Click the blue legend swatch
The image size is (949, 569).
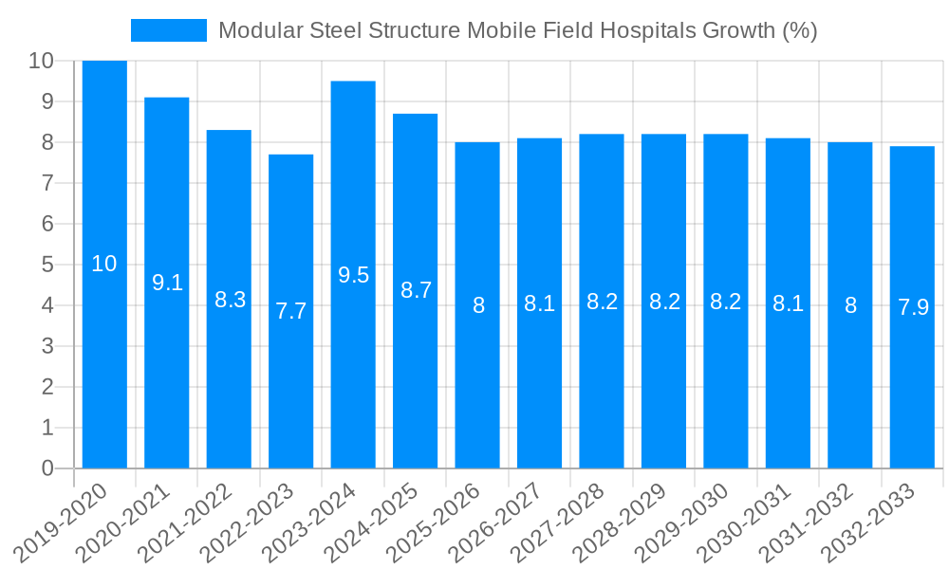(x=168, y=30)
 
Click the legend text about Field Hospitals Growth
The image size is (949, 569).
(x=517, y=30)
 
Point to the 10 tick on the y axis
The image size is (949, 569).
(x=41, y=61)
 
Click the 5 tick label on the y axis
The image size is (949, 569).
(x=47, y=265)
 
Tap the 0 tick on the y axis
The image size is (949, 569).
(x=47, y=468)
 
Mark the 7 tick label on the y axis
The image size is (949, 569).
(x=47, y=183)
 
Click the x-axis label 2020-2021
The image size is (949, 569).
(x=124, y=523)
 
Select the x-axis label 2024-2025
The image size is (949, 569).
(x=373, y=523)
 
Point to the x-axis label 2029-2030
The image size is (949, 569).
(x=683, y=523)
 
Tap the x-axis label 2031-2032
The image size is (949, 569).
(x=808, y=523)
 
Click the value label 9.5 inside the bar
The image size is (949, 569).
(x=353, y=275)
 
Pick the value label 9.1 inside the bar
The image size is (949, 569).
(x=167, y=282)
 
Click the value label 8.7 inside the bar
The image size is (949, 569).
(x=416, y=290)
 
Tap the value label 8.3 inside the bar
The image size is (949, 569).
(x=230, y=300)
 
